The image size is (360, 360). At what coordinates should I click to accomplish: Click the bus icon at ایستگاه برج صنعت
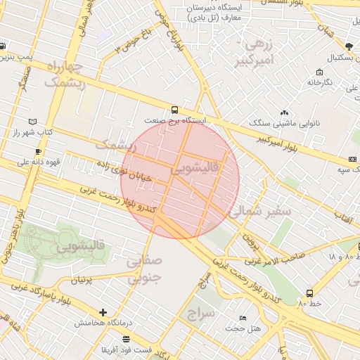click(x=174, y=110)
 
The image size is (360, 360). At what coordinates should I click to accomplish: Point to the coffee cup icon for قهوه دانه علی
click(x=38, y=151)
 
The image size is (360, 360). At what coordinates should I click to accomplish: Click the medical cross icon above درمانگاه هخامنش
click(x=103, y=312)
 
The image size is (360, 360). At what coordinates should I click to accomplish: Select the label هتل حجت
click(x=246, y=328)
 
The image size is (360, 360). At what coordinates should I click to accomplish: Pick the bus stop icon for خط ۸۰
click(x=309, y=293)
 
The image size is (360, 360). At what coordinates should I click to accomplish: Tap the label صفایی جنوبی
click(x=144, y=269)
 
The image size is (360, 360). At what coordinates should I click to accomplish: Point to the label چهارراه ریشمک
click(x=65, y=75)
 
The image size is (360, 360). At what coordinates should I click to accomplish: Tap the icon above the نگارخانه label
click(x=320, y=72)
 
